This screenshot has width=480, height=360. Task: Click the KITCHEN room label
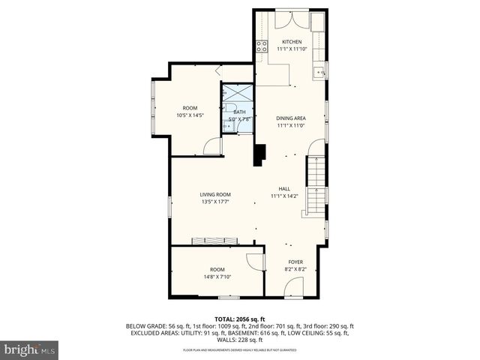(291, 41)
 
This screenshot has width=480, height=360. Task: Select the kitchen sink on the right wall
(319, 73)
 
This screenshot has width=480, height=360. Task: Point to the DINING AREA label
(290, 118)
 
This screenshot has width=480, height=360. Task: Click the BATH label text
(239, 112)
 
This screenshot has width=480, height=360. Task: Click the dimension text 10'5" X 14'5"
(190, 115)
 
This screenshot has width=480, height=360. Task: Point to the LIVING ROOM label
(214, 194)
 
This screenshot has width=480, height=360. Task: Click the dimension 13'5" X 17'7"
(214, 201)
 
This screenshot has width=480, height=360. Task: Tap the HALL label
(284, 189)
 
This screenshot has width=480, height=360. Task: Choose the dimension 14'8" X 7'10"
(217, 276)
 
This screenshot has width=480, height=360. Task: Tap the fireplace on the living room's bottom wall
(215, 241)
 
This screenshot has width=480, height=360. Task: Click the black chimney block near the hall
(259, 154)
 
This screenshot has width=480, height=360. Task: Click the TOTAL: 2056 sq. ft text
(239, 319)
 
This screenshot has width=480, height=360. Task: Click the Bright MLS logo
(29, 349)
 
